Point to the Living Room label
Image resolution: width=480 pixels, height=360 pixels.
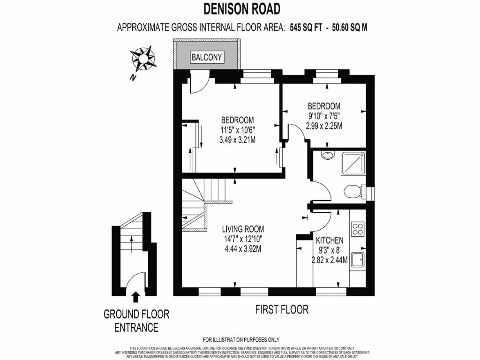243,229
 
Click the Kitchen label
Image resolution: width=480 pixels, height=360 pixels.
330,240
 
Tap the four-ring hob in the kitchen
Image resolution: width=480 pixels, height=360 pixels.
359,228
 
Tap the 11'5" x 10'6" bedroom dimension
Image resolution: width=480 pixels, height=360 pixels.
238,129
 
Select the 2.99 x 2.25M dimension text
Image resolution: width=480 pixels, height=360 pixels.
324,126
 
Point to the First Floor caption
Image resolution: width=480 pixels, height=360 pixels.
282,309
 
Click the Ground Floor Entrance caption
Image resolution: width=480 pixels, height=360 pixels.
136,321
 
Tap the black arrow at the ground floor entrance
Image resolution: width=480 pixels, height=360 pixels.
136,296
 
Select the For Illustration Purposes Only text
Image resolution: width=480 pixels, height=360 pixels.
241,340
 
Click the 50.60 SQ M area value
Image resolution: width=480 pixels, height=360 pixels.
349,28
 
